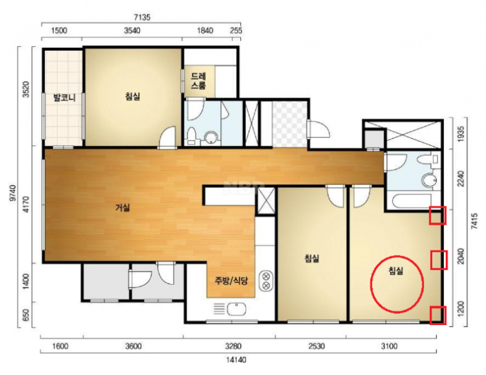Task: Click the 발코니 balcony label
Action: tap(65, 98)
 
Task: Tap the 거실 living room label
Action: tap(122, 208)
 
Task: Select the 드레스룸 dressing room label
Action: tap(198, 80)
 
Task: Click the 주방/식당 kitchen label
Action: tap(231, 281)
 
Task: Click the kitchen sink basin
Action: tap(237, 309)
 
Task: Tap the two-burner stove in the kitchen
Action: tap(266, 281)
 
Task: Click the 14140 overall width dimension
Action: tap(236, 360)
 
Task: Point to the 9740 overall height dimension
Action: tap(13, 193)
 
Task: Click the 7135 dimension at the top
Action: tap(143, 18)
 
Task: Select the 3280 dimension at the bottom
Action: tap(233, 346)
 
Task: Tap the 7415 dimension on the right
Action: tap(474, 221)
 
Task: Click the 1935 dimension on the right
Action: tap(461, 134)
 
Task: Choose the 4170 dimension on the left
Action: tap(27, 204)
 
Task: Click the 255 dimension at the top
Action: tap(237, 30)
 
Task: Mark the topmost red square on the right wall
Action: tap(437, 215)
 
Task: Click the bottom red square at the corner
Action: tap(438, 315)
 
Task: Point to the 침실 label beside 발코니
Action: tap(133, 96)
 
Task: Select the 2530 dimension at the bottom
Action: tap(317, 346)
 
